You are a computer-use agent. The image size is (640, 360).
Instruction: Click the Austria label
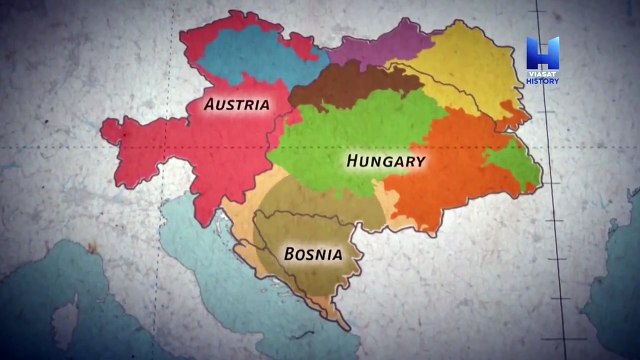235,103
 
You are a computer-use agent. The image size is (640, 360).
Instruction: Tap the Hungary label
385,161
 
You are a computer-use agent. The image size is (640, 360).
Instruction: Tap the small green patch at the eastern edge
521,165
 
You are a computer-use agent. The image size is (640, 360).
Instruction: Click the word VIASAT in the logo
541,73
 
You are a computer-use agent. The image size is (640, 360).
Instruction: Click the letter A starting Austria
209,103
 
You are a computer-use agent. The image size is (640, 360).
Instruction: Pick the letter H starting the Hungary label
352,161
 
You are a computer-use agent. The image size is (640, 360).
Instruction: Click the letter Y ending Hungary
421,161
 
